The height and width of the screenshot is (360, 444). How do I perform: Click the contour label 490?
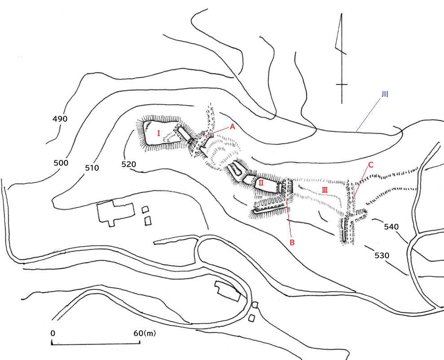[x=60, y=119]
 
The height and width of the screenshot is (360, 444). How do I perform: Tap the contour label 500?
[x=61, y=163]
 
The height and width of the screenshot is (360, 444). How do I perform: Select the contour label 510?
[x=92, y=168]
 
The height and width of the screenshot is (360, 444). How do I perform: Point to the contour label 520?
[x=129, y=164]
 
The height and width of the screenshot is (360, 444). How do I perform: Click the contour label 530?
[x=382, y=255]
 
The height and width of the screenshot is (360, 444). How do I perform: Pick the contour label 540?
[x=391, y=227]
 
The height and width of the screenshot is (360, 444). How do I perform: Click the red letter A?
[x=232, y=127]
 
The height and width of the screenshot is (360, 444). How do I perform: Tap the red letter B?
[x=292, y=243]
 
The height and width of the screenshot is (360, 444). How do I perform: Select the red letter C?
[x=370, y=165]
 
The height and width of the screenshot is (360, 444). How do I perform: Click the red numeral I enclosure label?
[x=158, y=133]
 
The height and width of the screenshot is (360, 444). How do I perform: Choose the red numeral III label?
[x=325, y=190]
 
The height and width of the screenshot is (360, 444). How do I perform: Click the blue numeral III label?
[x=385, y=94]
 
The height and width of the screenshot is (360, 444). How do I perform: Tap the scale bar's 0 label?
[x=53, y=333]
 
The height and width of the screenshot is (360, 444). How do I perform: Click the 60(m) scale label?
[x=145, y=333]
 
